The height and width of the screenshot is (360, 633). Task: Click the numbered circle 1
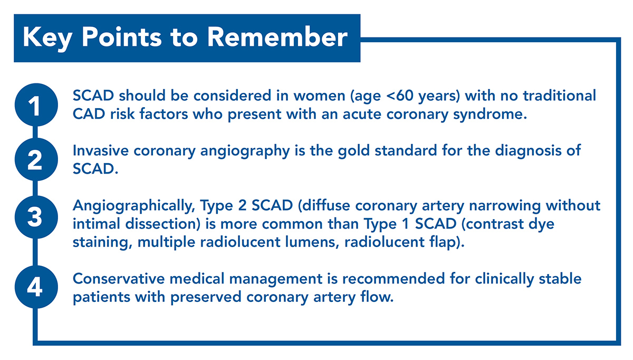[36, 105]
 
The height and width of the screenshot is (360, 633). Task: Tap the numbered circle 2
[36, 159]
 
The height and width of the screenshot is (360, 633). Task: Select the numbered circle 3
[36, 217]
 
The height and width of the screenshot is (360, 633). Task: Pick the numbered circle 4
[36, 287]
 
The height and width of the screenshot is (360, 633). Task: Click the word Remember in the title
[277, 37]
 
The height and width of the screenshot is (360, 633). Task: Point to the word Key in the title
[47, 39]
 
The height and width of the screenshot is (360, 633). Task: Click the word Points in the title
[122, 37]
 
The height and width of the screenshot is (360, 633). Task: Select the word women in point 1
[319, 96]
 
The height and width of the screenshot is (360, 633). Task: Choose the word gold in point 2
[354, 150]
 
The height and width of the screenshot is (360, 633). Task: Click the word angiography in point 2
[245, 151]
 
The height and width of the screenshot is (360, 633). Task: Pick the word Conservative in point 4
[119, 279]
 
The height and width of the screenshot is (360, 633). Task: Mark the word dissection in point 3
[163, 224]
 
